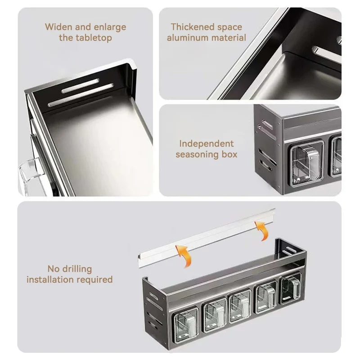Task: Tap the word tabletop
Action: point(94,38)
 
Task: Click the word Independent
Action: point(207,144)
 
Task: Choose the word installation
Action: point(50,279)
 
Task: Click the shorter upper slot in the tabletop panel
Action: point(81,85)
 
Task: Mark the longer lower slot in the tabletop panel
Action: point(81,95)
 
